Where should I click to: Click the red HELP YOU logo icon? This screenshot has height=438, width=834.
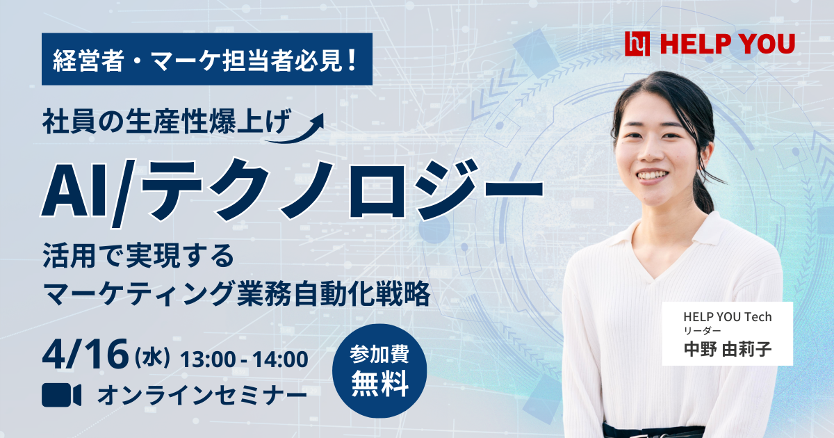pyautogui.click(x=637, y=44)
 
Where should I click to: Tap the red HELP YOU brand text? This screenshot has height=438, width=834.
pyautogui.click(x=728, y=44)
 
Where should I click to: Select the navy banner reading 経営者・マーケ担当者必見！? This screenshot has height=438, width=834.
pyautogui.click(x=207, y=59)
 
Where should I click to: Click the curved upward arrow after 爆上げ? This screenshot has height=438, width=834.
pyautogui.click(x=294, y=129)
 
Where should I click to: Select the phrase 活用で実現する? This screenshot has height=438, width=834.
pyautogui.click(x=138, y=256)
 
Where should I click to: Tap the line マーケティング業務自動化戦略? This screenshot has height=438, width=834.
pyautogui.click(x=236, y=294)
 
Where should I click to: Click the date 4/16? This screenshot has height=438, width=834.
pyautogui.click(x=85, y=354)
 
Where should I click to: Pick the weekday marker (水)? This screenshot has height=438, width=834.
pyautogui.click(x=152, y=357)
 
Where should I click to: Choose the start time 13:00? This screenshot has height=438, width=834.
pyautogui.click(x=208, y=359)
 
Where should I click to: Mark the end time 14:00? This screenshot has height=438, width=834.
pyautogui.click(x=280, y=359)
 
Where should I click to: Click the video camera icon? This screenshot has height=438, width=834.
pyautogui.click(x=61, y=395)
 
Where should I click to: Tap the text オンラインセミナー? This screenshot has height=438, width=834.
pyautogui.click(x=202, y=395)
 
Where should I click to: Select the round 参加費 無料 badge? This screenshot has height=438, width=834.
pyautogui.click(x=379, y=371)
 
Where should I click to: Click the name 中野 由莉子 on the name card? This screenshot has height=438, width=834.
pyautogui.click(x=728, y=349)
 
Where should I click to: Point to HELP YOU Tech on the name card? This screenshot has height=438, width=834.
pyautogui.click(x=728, y=317)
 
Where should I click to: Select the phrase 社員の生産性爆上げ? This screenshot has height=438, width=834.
pyautogui.click(x=166, y=122)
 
